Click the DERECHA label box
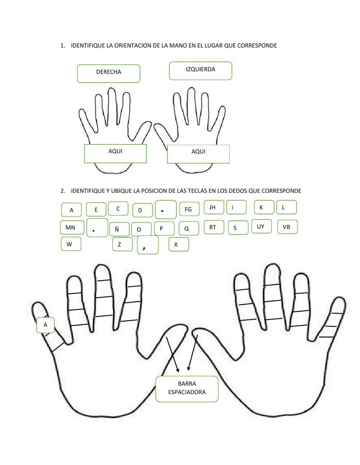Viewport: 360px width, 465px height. pos(108,73)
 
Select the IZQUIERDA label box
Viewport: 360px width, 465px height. pos(201,71)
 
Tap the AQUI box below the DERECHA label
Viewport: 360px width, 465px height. pos(115,153)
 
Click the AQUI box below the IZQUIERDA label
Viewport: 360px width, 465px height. pos(198,154)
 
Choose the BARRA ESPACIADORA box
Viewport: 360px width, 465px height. pos(187,389)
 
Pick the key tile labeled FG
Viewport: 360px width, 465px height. pos(189,209)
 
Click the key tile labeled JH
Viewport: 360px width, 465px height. pos(214,207)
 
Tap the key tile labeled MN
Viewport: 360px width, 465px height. pos(72,227)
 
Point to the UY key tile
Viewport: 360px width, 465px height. pos(261,226)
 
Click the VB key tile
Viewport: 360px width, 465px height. pos(287,227)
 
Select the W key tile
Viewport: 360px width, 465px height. pos(71,244)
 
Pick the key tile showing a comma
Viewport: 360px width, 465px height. pos(148,246)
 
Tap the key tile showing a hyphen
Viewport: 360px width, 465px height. pos(166,210)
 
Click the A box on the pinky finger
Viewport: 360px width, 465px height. pos(45,325)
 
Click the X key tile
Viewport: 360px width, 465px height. pos(179,244)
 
